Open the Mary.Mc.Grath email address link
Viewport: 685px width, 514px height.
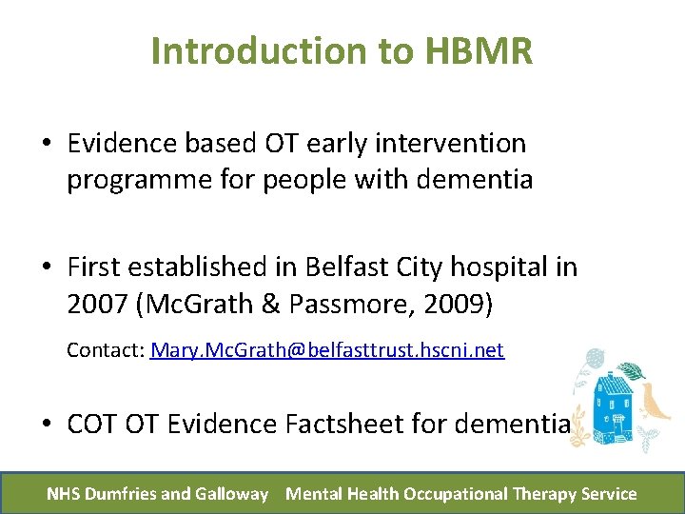(x=326, y=350)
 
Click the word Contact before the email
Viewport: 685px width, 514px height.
(x=105, y=350)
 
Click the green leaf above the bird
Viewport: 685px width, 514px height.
(x=632, y=371)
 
